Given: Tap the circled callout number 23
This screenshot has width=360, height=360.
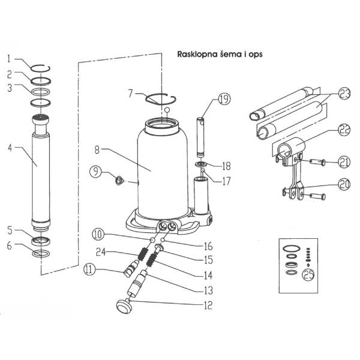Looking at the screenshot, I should click(x=344, y=94).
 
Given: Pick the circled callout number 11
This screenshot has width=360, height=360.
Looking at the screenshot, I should click(x=91, y=271).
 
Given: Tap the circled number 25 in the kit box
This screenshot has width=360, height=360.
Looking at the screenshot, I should click(x=310, y=275).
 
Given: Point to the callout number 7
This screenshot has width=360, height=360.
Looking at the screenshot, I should click(x=130, y=93).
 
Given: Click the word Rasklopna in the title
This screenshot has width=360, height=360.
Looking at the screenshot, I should click(x=196, y=53).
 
